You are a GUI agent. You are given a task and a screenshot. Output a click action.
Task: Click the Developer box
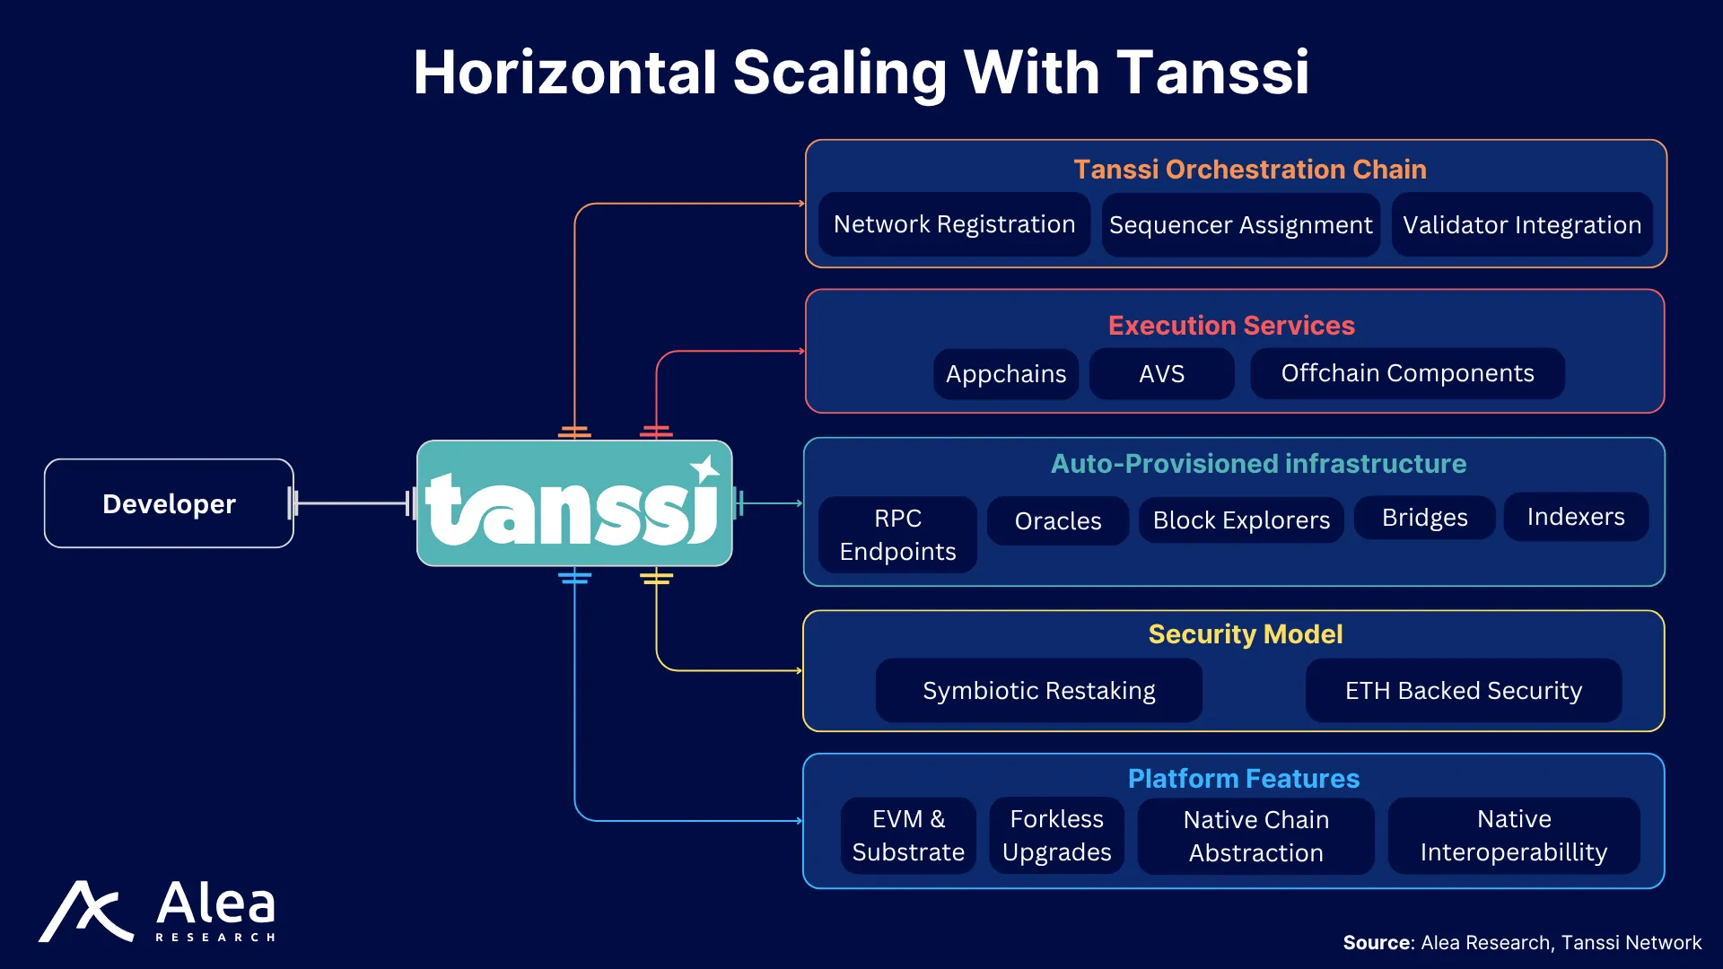click(169, 503)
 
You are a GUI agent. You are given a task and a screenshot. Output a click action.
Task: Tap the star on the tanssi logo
click(704, 469)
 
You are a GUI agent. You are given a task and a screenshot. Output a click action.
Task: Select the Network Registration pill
click(954, 224)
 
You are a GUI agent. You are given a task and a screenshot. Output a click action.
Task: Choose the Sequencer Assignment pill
click(1240, 225)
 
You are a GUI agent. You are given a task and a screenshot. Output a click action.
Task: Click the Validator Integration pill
click(1522, 225)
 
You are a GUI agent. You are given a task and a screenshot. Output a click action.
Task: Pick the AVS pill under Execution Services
click(1161, 373)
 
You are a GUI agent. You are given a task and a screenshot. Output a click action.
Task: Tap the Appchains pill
click(1006, 373)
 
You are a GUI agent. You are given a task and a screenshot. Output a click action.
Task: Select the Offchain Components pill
click(1407, 373)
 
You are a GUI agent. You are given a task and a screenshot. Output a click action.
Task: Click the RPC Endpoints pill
click(897, 535)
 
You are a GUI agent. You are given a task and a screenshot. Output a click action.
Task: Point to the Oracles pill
click(1058, 520)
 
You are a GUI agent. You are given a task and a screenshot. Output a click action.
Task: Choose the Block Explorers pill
click(1241, 520)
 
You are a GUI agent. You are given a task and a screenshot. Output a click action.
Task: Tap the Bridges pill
click(1424, 518)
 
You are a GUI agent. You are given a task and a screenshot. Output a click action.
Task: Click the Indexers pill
click(1576, 517)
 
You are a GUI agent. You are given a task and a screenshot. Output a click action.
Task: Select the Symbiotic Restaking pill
click(1039, 691)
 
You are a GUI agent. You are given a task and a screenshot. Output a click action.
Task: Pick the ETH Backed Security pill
click(1464, 691)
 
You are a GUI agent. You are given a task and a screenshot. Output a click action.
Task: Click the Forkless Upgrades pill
click(1057, 835)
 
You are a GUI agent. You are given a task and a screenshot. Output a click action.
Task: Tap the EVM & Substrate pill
click(908, 835)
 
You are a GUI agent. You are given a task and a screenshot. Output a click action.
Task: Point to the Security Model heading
click(1246, 634)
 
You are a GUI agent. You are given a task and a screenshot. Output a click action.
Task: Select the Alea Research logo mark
click(86, 912)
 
